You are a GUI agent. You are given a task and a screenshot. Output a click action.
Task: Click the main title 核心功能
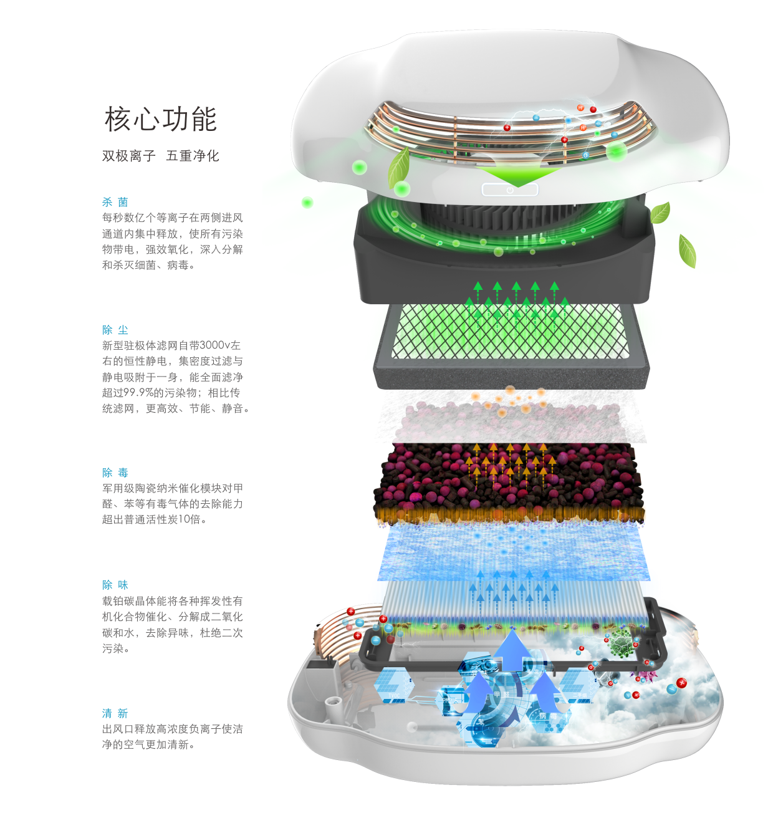click(x=161, y=119)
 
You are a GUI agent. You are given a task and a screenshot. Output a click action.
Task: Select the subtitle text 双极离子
click(x=128, y=156)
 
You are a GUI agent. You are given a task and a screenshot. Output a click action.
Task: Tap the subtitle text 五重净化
click(x=193, y=156)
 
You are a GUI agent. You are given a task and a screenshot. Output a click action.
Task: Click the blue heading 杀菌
click(x=115, y=202)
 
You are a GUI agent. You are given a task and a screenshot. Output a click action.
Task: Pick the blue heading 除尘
click(x=115, y=330)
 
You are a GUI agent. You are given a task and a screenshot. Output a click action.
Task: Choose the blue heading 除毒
click(x=115, y=473)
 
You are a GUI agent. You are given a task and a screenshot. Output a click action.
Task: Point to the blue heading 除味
click(x=115, y=585)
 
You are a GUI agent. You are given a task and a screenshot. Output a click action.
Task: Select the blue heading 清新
click(x=115, y=713)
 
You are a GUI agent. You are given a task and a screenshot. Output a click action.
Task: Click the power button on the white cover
click(x=509, y=190)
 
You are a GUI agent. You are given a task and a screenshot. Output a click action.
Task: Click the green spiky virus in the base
click(x=620, y=643)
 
